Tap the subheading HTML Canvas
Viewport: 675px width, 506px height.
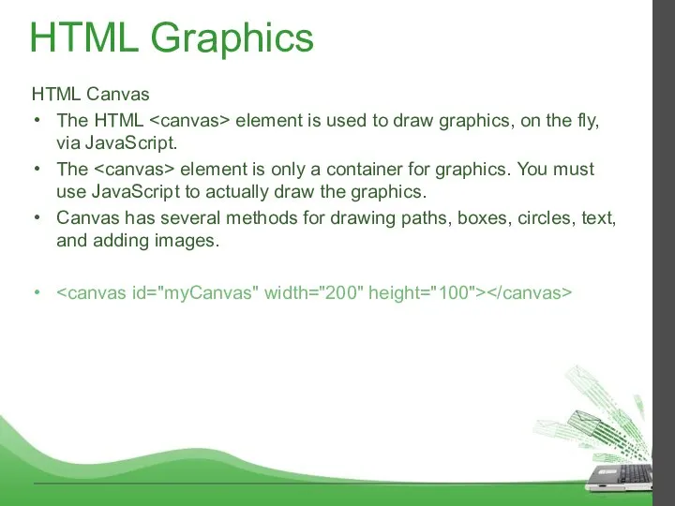pyautogui.click(x=91, y=95)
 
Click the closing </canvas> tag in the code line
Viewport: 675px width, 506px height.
pyautogui.click(x=528, y=293)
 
